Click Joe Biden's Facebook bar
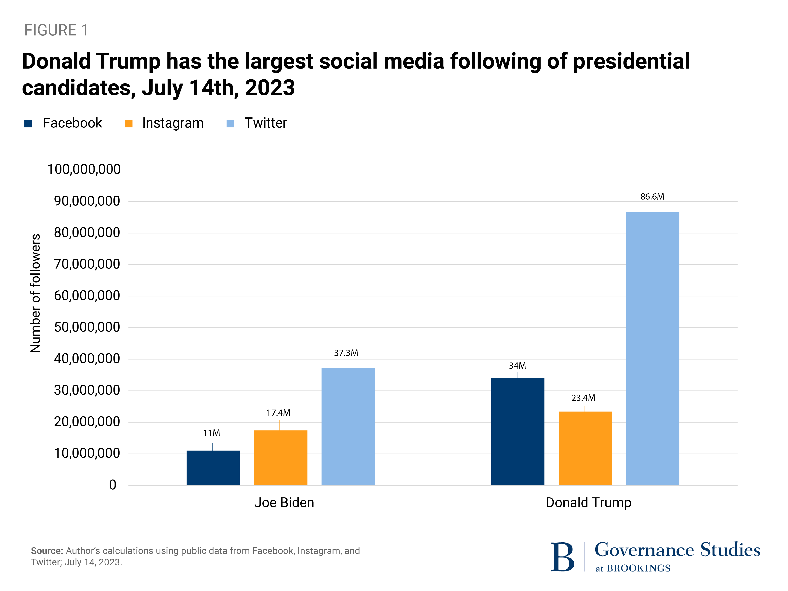tap(213, 467)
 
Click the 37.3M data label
tap(346, 353)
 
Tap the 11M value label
tap(212, 433)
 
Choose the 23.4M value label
tap(583, 398)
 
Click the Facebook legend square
tap(28, 123)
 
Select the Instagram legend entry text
tap(173, 123)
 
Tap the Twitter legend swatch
tap(230, 123)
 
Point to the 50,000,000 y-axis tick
tap(87, 327)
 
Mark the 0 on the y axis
tap(112, 485)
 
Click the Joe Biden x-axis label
tap(284, 502)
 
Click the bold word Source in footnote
tap(47, 551)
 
